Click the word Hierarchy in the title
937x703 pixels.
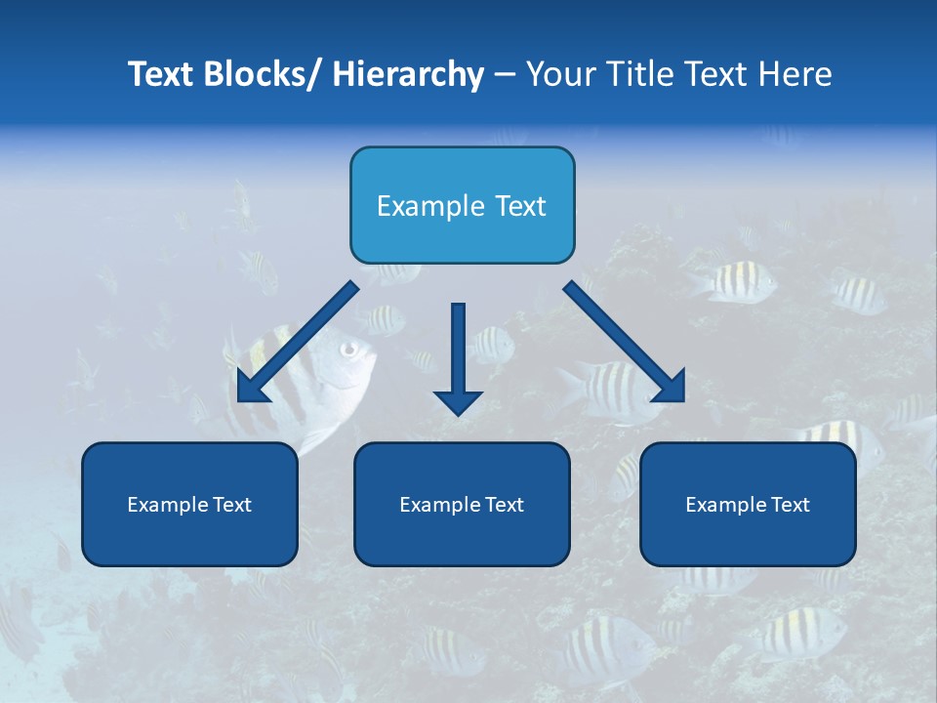(x=408, y=74)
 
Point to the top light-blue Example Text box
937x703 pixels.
(x=462, y=205)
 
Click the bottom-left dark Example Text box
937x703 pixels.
(x=189, y=504)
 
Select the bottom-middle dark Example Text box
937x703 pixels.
(x=462, y=504)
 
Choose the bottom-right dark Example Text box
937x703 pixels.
(x=748, y=504)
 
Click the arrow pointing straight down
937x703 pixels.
(x=458, y=356)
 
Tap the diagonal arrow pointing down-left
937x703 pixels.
(x=296, y=343)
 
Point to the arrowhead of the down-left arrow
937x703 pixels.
(x=250, y=387)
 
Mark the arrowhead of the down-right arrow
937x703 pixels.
(x=670, y=387)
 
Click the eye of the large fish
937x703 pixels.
(x=348, y=348)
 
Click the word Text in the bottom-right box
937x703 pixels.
(x=788, y=505)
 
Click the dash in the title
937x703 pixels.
(x=505, y=75)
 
